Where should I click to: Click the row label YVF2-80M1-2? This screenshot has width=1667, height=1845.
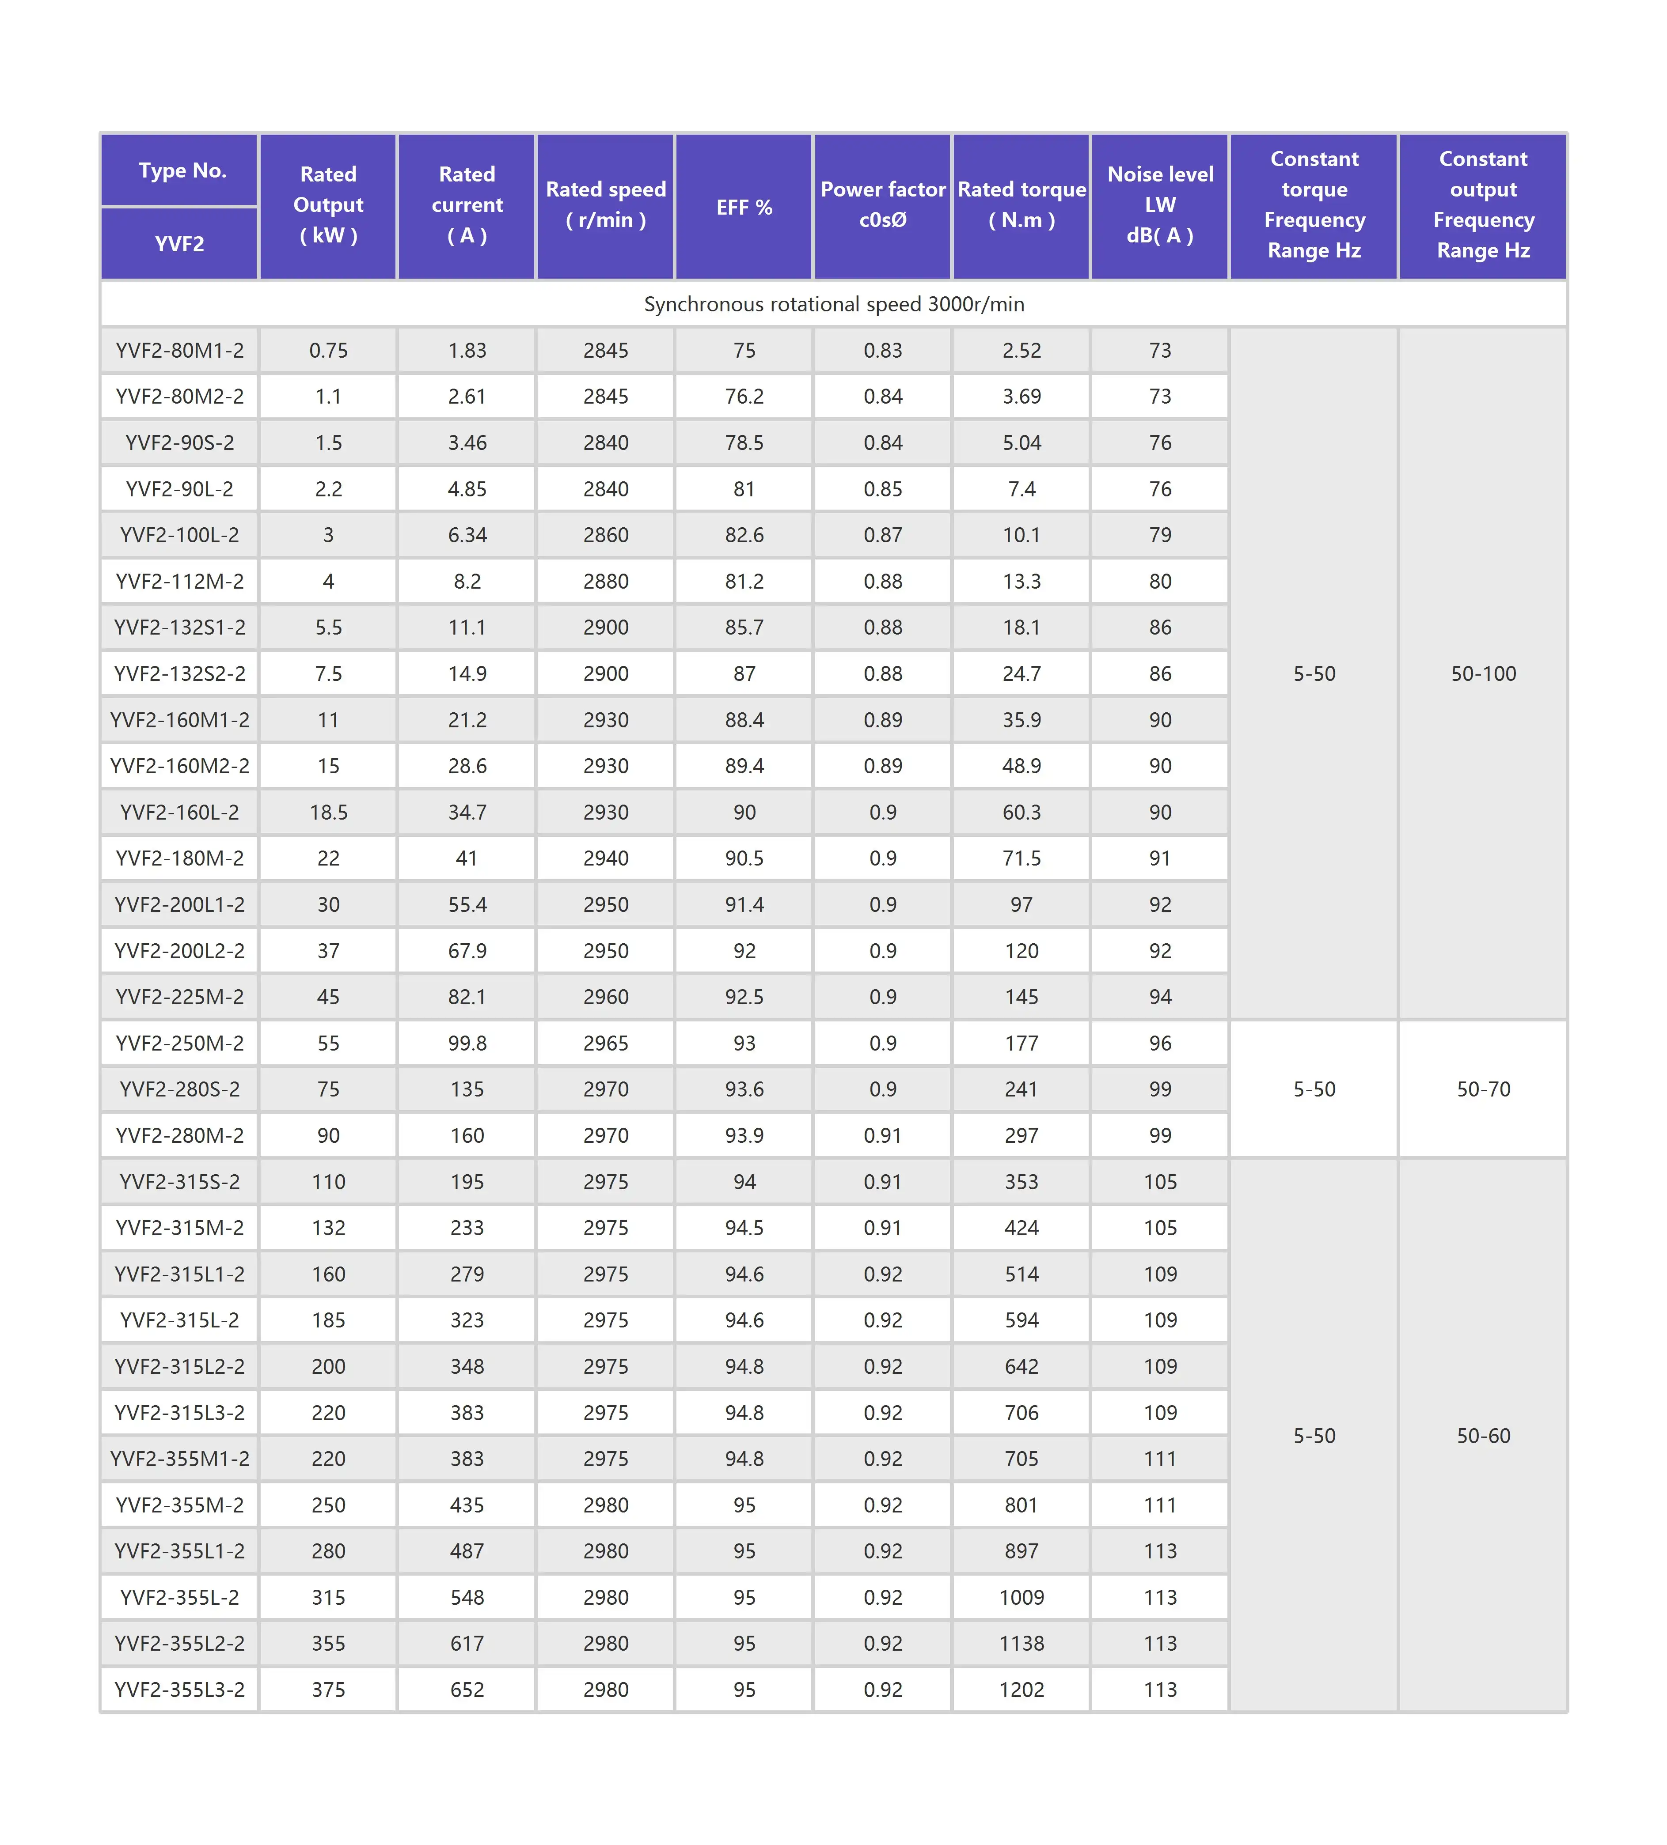point(179,351)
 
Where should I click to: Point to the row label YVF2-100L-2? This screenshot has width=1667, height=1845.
point(179,535)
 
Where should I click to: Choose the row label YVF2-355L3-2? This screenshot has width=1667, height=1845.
point(179,1690)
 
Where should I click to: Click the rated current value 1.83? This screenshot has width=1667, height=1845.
point(467,351)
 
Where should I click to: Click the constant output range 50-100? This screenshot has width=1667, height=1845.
point(1483,673)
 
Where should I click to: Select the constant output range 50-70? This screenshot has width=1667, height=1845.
point(1483,1089)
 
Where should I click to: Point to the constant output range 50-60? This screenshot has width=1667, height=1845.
point(1483,1436)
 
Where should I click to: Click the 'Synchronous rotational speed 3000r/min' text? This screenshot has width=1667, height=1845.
point(833,304)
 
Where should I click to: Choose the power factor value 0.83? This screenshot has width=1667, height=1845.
point(882,351)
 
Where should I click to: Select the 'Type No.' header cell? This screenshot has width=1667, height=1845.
point(181,170)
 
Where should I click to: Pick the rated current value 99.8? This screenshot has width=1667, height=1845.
point(467,1043)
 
